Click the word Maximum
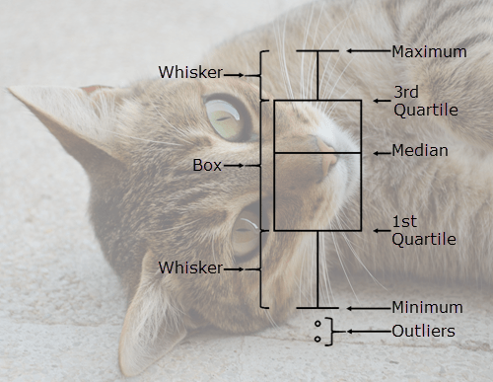pos(429,51)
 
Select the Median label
pos(420,151)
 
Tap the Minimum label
pos(428,307)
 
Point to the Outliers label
pos(424,331)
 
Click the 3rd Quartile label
pos(425,101)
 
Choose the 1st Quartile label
pos(424,230)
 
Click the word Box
pos(207,166)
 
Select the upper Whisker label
pos(190,72)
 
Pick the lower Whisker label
pos(190,267)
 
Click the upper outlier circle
pos(317,324)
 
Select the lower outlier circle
pos(317,339)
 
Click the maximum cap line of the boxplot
pos(317,50)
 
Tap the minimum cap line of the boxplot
pos(317,308)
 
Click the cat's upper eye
pos(226,116)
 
